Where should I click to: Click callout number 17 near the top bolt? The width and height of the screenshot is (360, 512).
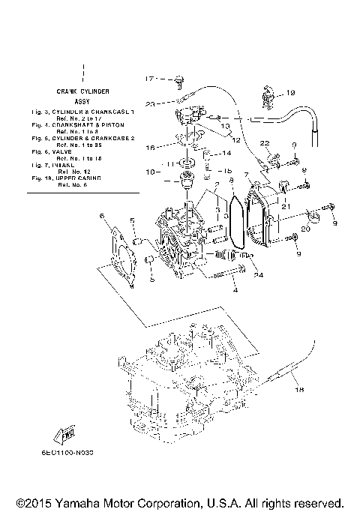click(x=149, y=78)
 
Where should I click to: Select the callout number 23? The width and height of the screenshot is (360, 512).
click(x=149, y=103)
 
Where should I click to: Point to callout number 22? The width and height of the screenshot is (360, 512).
click(x=265, y=143)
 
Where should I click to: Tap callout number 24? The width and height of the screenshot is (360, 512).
click(x=259, y=274)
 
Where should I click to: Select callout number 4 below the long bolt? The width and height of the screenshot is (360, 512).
click(x=234, y=289)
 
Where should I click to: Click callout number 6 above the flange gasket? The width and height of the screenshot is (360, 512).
click(x=103, y=216)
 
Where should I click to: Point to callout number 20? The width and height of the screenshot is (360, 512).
click(x=304, y=229)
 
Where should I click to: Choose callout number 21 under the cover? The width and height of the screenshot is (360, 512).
click(x=285, y=206)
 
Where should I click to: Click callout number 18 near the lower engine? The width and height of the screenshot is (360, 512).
click(x=298, y=390)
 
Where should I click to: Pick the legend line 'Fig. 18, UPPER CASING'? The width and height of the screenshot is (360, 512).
click(x=82, y=179)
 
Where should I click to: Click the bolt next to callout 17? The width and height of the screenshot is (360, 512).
click(x=180, y=77)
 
